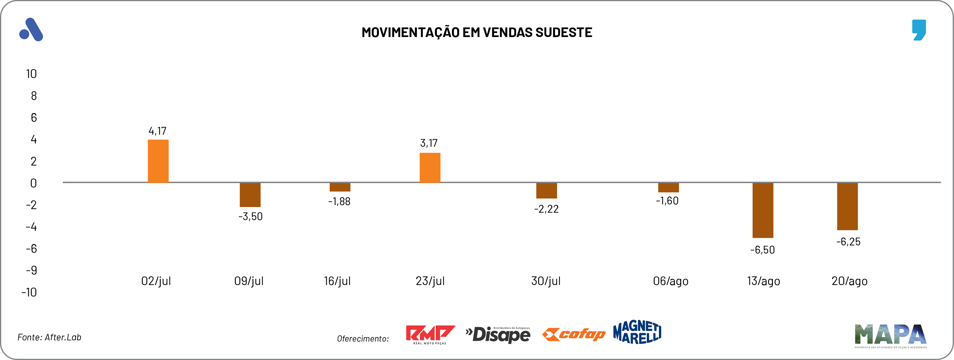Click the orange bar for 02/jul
(x=158, y=161)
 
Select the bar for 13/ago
(x=762, y=210)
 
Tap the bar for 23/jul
(x=430, y=167)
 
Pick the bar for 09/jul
(x=250, y=195)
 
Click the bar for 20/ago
(x=847, y=206)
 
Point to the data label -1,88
(x=339, y=201)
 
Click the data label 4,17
(x=158, y=131)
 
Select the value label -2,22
(x=546, y=209)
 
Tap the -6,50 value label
(x=762, y=250)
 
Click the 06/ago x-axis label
(x=671, y=281)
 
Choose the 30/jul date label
(x=546, y=281)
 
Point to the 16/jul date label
(x=337, y=281)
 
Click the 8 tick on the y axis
(x=34, y=96)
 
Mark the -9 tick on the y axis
(x=31, y=270)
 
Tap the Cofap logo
(x=574, y=334)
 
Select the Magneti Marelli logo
(x=637, y=332)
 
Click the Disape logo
(x=498, y=334)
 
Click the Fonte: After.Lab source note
(x=49, y=337)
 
